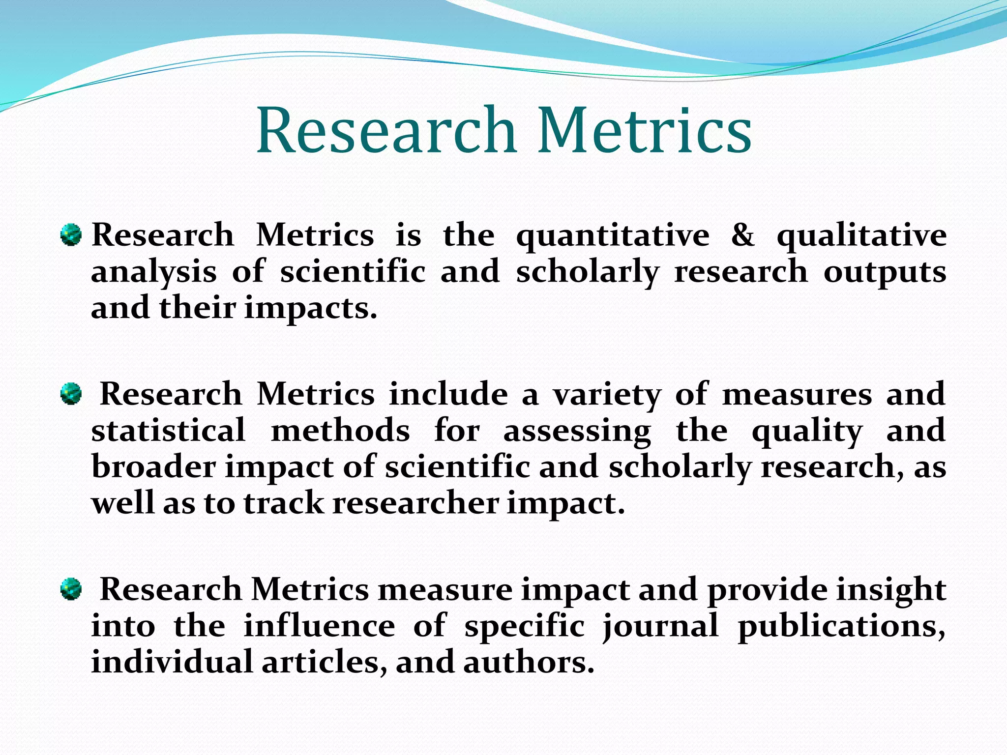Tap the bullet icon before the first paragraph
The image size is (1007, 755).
(71, 235)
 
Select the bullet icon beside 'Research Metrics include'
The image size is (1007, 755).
(71, 394)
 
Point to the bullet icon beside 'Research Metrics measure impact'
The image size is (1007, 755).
(71, 589)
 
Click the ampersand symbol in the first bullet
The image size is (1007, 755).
(743, 235)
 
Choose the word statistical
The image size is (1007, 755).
(168, 431)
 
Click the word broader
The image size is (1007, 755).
(153, 467)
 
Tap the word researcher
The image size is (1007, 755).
(415, 503)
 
